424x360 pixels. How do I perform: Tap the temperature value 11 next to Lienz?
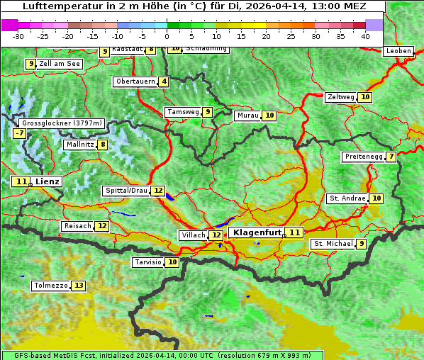coord(21,181)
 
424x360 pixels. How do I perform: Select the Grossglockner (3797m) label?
coord(62,123)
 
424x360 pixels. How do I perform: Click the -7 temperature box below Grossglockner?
coord(19,133)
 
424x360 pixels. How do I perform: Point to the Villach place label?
coord(193,235)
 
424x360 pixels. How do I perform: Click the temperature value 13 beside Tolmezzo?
coord(78,286)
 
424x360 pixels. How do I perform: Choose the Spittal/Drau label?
coord(126,191)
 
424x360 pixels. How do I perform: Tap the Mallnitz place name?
coord(79,145)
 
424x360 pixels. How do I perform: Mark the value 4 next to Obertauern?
coord(164,81)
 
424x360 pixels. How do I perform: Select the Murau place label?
coord(247,116)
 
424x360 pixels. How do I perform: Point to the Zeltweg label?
coord(340,97)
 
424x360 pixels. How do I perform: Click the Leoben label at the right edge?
coord(398,51)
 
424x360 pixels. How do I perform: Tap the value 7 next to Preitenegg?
coord(391,157)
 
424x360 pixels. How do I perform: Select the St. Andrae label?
coord(347,198)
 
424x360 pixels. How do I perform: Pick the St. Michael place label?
coord(333,244)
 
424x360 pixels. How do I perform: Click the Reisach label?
coord(78,226)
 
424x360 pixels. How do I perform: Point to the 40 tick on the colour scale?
coord(364,35)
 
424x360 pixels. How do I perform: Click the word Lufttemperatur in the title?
coord(53,6)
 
